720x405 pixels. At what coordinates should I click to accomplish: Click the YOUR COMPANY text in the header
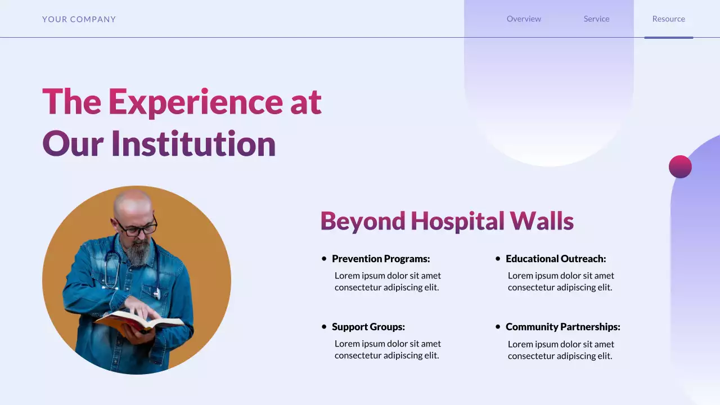79,19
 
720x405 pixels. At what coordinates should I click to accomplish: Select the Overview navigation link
524,19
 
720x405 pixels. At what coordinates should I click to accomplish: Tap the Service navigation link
596,19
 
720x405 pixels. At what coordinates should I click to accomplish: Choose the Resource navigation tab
668,19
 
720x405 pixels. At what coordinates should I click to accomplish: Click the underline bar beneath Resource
668,38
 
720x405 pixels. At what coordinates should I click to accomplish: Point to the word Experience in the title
195,102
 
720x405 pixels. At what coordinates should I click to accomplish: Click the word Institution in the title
193,143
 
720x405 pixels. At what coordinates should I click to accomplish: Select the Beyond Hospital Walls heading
447,221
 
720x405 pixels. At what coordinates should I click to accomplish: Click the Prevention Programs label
381,259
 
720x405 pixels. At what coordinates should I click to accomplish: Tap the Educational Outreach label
556,259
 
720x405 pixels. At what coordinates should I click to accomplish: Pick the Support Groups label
368,327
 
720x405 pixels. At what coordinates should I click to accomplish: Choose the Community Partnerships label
562,327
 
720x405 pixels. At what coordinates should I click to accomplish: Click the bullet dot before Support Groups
324,327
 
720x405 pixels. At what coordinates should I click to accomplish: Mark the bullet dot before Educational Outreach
498,259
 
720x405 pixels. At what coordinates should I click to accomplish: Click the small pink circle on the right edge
680,166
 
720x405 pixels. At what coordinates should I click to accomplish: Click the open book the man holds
139,322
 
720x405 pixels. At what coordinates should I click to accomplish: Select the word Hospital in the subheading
456,221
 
